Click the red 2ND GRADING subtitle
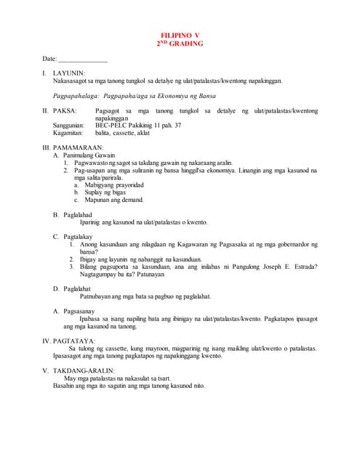pyautogui.click(x=180, y=44)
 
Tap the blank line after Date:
pyautogui.click(x=82, y=59)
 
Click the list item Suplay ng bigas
pyautogui.click(x=106, y=193)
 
